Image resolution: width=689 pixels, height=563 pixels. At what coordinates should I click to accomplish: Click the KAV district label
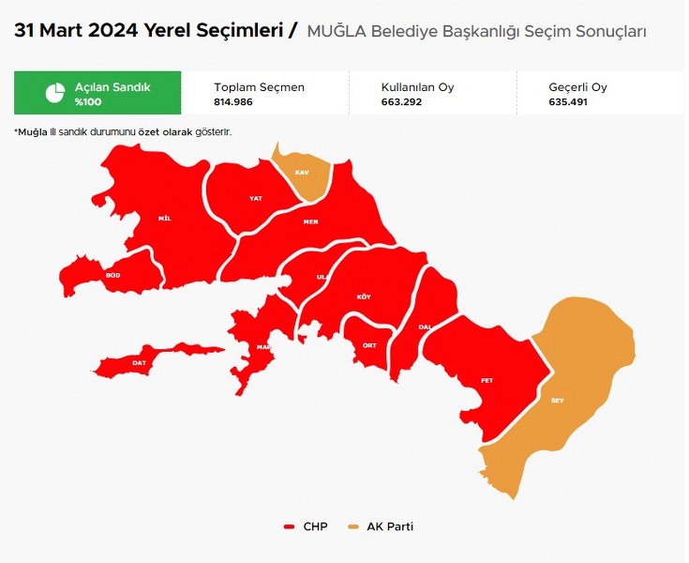pos(302,174)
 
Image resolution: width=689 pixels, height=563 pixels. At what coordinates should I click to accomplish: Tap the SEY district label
pos(557,401)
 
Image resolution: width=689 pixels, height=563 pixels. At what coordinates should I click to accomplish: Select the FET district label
pos(487,380)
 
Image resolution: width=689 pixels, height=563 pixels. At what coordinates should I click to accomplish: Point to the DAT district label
pos(140,362)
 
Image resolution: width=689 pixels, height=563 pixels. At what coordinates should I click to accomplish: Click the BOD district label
pos(113,275)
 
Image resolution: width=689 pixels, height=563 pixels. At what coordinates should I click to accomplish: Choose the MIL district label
pos(165,219)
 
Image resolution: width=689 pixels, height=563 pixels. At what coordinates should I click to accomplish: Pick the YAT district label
pos(255,199)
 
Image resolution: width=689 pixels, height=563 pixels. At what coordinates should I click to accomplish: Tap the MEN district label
pos(310,222)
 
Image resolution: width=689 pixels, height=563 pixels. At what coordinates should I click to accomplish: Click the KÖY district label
pos(364,297)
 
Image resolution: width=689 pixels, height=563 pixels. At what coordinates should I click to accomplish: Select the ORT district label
pos(369,345)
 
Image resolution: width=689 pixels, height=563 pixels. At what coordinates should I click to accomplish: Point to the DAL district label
pos(424,327)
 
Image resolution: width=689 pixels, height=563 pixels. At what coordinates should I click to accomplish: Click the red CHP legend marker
pos(290,527)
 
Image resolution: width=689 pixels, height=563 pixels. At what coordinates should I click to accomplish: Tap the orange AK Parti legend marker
pos(353,527)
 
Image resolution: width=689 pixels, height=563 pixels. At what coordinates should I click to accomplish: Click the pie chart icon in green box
pos(55,93)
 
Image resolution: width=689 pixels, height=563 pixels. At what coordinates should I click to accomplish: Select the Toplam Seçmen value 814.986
pos(234,101)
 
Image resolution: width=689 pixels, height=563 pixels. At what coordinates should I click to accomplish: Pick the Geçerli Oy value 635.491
pos(569,101)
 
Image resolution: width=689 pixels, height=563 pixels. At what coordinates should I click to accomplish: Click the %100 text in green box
pos(88,101)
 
